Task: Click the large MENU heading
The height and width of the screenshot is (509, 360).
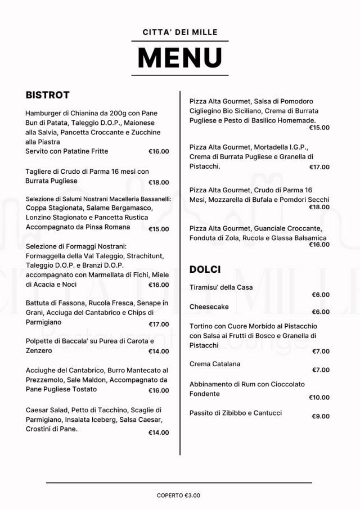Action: pos(180,58)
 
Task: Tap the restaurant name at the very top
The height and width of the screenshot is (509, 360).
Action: pos(180,33)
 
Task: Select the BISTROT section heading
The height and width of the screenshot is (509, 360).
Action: pos(47,94)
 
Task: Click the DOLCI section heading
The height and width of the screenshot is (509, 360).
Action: pos(205,269)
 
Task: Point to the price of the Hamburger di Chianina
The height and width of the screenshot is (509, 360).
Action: pos(159,151)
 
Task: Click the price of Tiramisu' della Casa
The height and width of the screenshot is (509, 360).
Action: pos(321,295)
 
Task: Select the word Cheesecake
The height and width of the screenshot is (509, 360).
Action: pos(209,307)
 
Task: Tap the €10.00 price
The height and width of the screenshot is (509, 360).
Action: pos(319,398)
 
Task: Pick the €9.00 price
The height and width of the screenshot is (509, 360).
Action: pos(321,417)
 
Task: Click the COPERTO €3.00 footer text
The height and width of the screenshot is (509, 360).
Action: pos(178,496)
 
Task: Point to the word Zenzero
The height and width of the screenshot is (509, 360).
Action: pos(39,351)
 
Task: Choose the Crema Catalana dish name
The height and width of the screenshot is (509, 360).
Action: pos(215,364)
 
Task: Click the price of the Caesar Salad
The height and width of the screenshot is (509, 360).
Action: pos(159,433)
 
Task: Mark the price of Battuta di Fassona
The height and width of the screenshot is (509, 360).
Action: pos(159,325)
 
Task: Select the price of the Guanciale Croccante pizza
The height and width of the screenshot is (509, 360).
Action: pos(319,245)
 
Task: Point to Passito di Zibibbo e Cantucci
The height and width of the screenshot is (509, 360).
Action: pos(236,413)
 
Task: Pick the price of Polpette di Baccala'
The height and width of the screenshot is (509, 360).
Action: pos(159,352)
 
